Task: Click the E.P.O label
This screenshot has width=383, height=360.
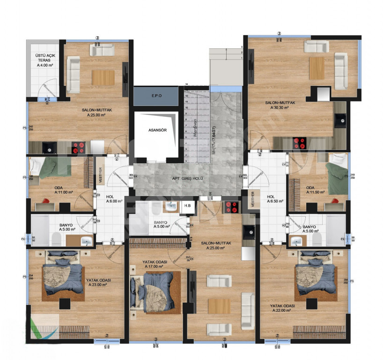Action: [156, 96]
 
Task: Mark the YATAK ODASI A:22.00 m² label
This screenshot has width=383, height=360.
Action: [282, 308]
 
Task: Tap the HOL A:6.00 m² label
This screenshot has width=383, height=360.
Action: [110, 199]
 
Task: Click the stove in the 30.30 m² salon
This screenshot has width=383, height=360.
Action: [299, 142]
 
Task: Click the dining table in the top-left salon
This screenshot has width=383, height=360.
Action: [103, 77]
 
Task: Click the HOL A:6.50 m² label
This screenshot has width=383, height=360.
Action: [273, 199]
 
